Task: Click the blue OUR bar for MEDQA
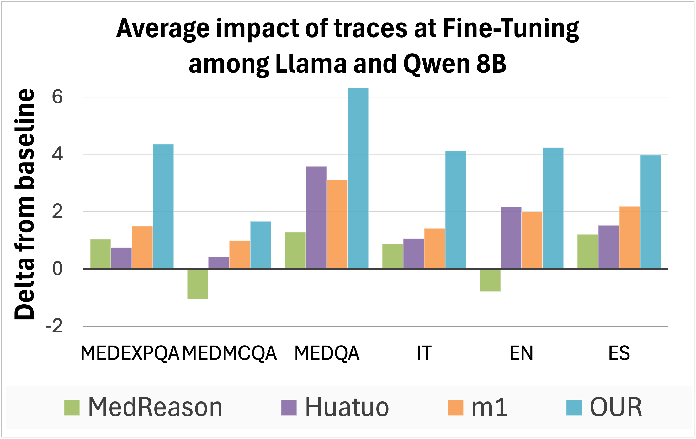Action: pos(358,178)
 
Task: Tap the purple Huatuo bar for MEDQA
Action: pos(316,217)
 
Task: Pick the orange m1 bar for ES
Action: pos(629,237)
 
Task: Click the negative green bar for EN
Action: pos(490,280)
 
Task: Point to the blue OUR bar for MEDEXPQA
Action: pos(163,206)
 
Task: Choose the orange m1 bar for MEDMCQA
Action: pos(240,254)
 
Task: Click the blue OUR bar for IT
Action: pos(455,210)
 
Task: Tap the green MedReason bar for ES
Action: pos(588,251)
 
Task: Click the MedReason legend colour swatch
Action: pos(72,408)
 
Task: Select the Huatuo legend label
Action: pos(347,407)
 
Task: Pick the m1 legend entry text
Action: pos(489,407)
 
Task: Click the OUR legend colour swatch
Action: pos(574,408)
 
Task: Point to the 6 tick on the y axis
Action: pos(57,97)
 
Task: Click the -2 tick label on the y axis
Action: pos(54,326)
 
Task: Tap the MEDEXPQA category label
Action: pos(130,353)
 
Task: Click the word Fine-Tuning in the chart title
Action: pos(511,29)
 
